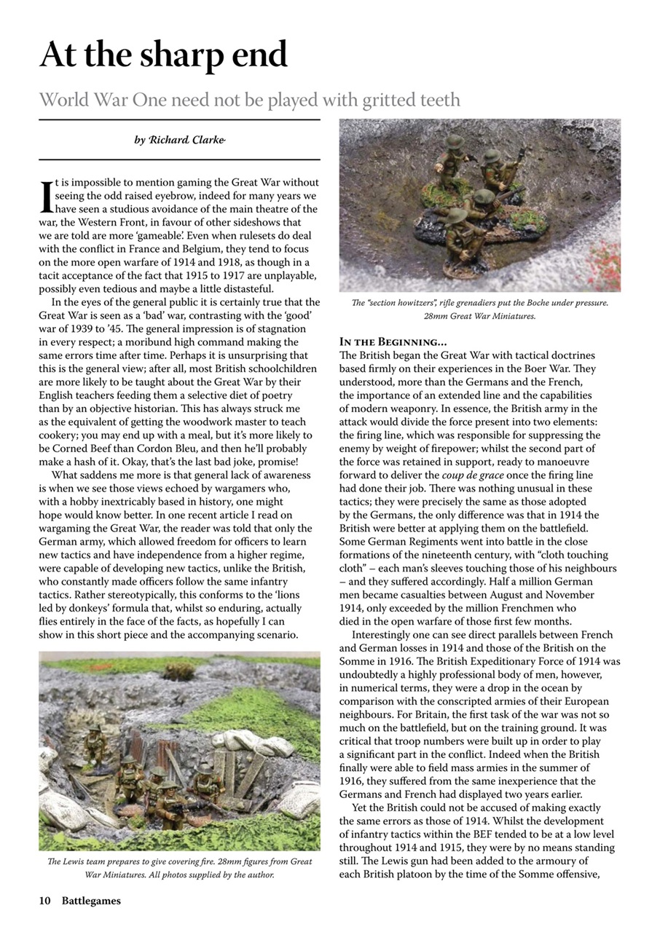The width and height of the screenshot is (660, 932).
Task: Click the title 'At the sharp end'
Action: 163,54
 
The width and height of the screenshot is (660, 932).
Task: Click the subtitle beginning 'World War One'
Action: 249,99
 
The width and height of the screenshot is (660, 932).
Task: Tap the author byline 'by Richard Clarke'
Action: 179,140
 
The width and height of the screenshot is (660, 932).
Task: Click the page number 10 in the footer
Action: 44,901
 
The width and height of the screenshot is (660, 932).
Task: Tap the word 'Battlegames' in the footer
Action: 91,901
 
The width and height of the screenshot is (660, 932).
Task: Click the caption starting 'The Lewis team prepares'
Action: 179,867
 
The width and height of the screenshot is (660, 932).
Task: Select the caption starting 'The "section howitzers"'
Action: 479,309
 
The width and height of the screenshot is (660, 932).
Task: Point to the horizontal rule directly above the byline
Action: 179,119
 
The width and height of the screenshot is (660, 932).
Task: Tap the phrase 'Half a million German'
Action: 530,582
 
